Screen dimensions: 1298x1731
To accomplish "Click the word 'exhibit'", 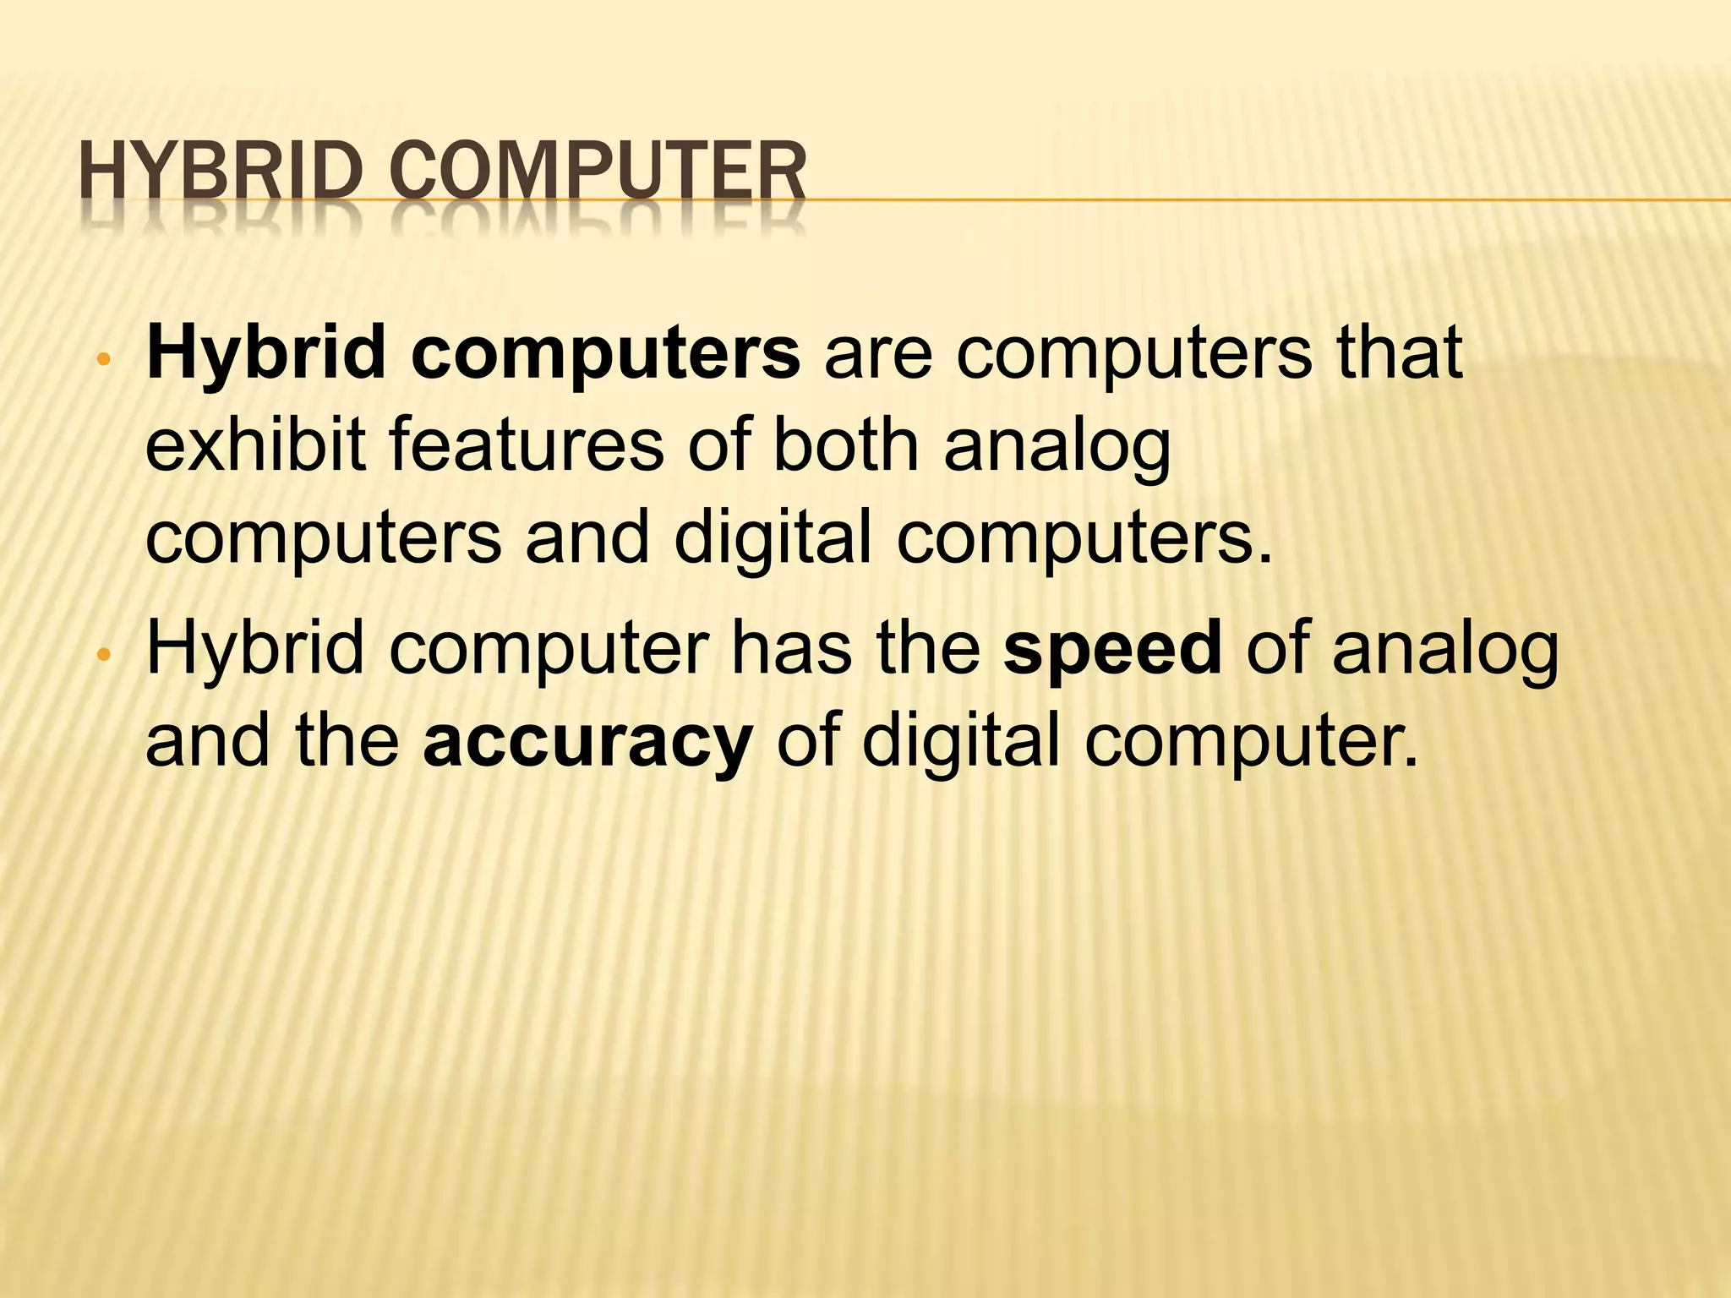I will [256, 445].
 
